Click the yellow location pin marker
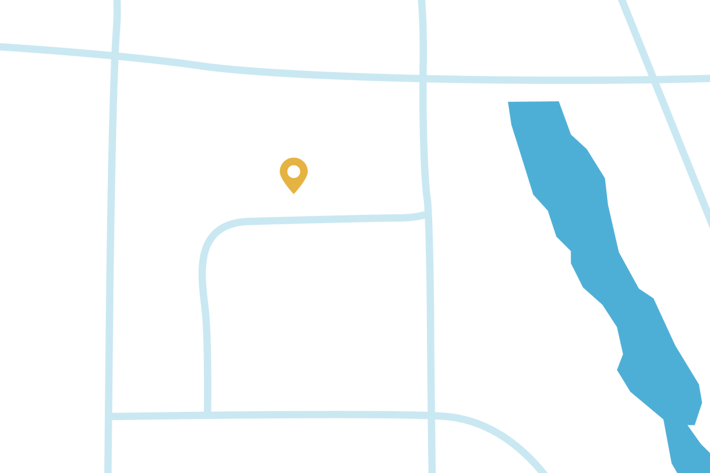point(294,175)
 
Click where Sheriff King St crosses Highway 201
point(424,77)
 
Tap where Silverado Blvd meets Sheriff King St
point(428,214)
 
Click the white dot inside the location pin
point(294,171)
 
